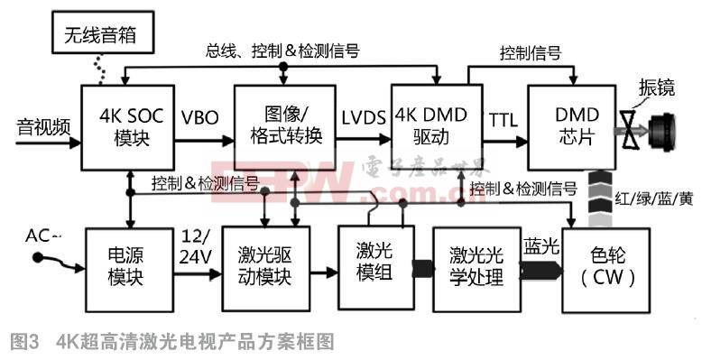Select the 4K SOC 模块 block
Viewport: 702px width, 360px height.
pos(126,128)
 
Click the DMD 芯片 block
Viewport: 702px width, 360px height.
pos(571,128)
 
